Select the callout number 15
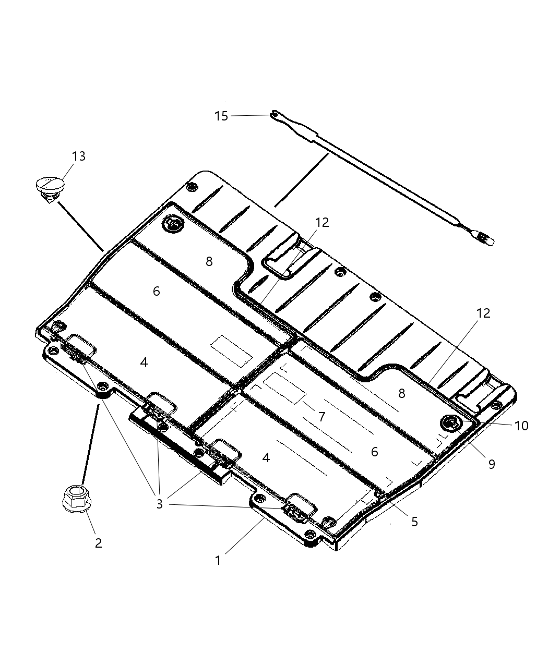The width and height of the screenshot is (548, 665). (x=221, y=116)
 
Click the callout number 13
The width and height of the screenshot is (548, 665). (x=79, y=156)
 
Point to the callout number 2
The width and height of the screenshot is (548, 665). (x=98, y=543)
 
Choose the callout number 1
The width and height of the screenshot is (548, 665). (x=218, y=561)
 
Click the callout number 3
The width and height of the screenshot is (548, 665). (x=159, y=504)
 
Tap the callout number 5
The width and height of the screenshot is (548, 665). (x=414, y=522)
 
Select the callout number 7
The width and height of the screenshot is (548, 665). (x=321, y=416)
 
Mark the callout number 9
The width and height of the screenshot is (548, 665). (x=492, y=464)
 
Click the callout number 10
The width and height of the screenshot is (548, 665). (x=521, y=426)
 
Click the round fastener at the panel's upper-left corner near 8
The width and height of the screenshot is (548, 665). (x=173, y=224)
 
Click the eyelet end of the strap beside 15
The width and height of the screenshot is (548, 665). (x=274, y=113)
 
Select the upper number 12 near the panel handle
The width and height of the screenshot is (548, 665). (x=322, y=222)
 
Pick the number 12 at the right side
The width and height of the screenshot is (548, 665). (x=483, y=313)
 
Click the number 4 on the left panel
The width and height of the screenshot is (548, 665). (x=144, y=361)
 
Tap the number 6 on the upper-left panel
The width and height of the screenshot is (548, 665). (x=157, y=291)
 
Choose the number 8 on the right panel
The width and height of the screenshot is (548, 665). (x=401, y=393)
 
